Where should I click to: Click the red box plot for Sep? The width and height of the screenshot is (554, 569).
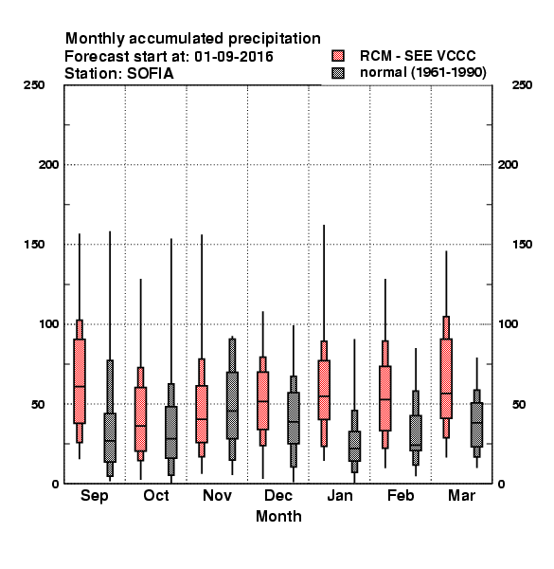click(80, 381)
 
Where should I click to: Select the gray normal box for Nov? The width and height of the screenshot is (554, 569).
click(232, 405)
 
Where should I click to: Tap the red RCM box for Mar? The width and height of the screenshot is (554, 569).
click(446, 378)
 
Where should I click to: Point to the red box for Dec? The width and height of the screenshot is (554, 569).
click(262, 400)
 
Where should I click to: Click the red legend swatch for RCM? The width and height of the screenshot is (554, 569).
click(338, 56)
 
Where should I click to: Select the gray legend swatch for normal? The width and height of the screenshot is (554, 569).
click(338, 73)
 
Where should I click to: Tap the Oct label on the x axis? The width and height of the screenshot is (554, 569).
click(156, 495)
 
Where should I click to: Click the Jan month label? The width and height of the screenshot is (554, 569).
click(339, 495)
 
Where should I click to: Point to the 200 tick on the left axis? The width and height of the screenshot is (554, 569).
click(48, 165)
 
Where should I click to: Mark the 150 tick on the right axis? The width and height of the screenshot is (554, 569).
click(522, 245)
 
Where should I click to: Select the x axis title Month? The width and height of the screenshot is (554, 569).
click(278, 516)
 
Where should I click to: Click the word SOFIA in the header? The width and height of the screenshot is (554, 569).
click(150, 74)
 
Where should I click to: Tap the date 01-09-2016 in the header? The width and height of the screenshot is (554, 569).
click(234, 57)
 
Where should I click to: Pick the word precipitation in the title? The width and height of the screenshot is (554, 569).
click(275, 39)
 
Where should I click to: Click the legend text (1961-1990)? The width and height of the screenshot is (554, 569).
click(449, 73)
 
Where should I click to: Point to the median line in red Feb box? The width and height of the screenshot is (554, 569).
click(385, 399)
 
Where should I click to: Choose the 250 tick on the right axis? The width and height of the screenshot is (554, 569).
click(522, 85)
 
